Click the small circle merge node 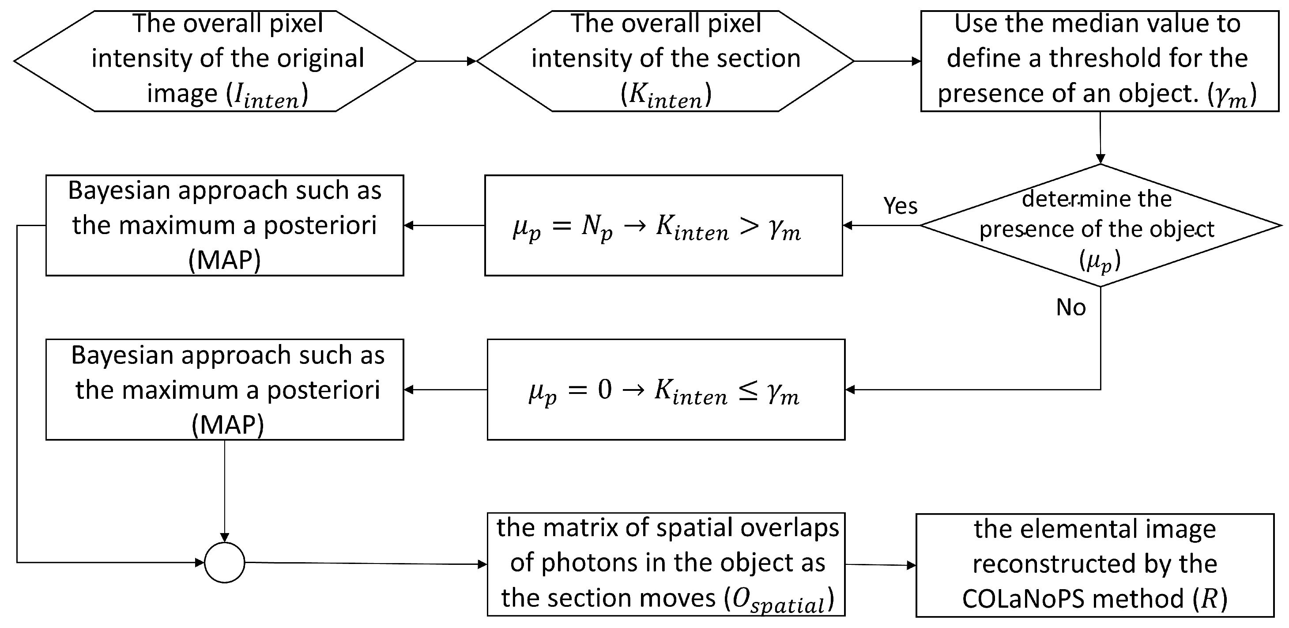tap(225, 562)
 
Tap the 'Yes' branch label tap(900, 206)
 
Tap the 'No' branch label tap(1071, 307)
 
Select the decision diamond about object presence tap(1100, 226)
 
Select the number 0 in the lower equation tap(604, 390)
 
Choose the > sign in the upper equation tap(749, 227)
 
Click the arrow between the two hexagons tap(446, 61)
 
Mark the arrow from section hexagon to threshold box tap(887, 61)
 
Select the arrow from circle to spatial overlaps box tap(365, 564)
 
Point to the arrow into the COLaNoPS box tap(881, 565)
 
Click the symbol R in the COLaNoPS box tap(1210, 598)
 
